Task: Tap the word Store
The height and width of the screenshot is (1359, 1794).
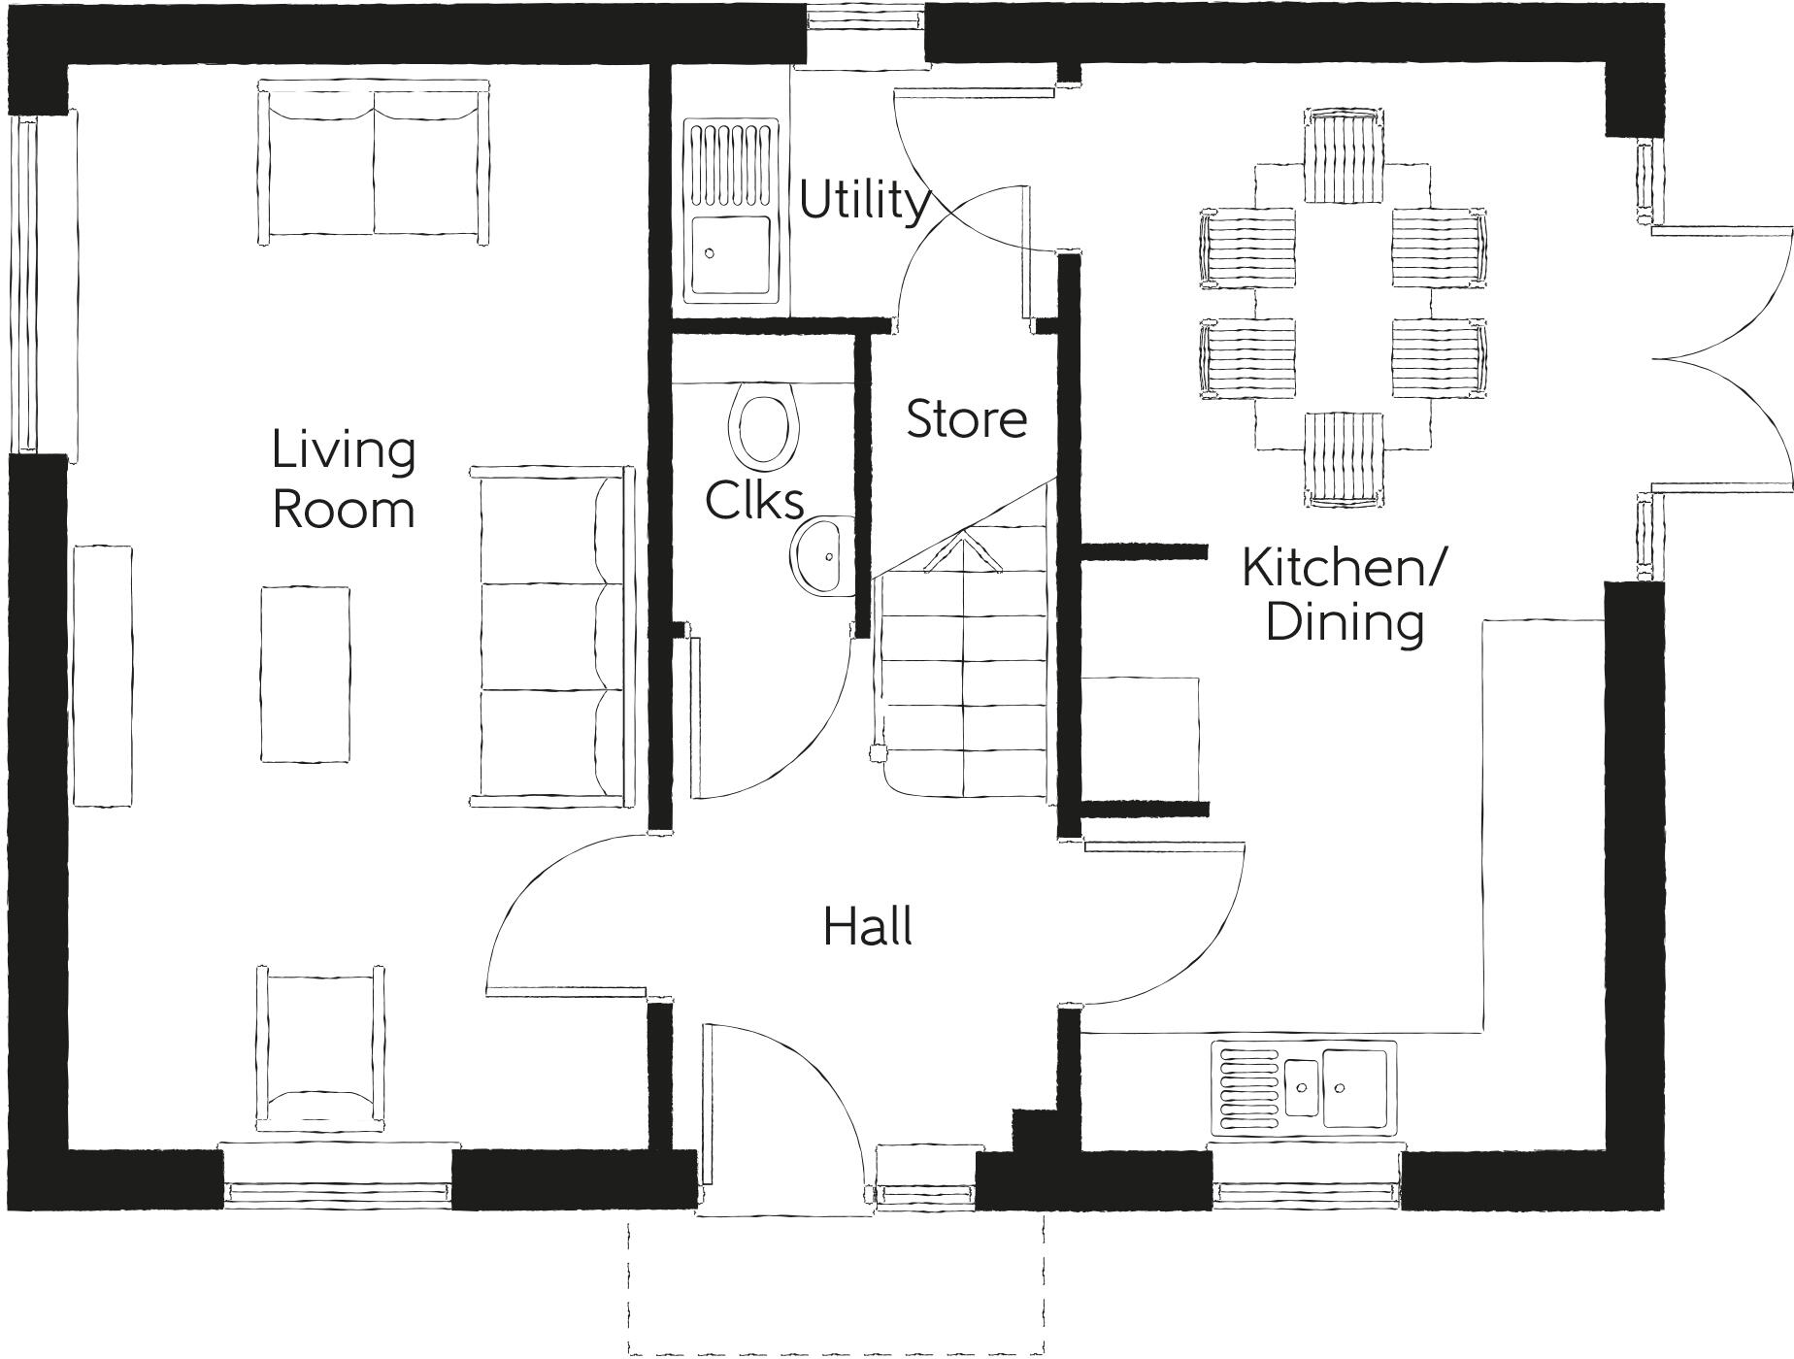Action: [x=967, y=419]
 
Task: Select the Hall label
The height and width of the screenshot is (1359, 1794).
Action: [x=868, y=927]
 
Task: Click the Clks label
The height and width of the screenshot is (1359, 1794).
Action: [x=754, y=501]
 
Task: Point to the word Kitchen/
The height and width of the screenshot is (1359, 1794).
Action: [x=1344, y=568]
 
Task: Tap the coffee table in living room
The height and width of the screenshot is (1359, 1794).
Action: [x=305, y=674]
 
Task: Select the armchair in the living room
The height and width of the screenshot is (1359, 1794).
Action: [x=320, y=1048]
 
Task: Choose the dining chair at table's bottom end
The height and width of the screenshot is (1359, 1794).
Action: [x=1344, y=458]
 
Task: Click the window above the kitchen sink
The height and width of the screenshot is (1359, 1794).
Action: [x=1306, y=1185]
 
